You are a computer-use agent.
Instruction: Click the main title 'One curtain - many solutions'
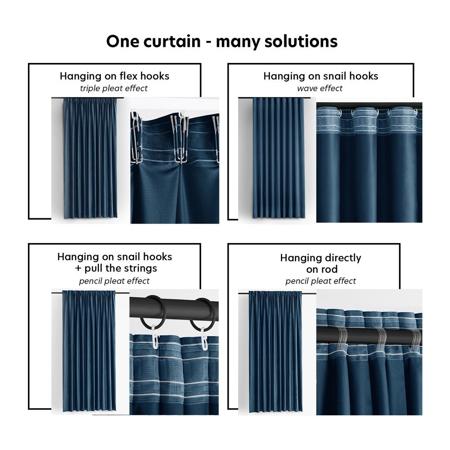(x=222, y=41)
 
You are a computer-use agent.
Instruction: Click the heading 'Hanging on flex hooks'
(x=114, y=76)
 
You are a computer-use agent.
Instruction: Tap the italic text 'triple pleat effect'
(x=114, y=88)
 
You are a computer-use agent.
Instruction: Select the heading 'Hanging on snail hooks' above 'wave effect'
(x=321, y=76)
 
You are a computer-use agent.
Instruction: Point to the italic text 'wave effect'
(x=319, y=88)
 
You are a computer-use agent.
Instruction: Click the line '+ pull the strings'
(x=116, y=268)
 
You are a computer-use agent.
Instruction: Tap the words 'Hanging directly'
(x=320, y=258)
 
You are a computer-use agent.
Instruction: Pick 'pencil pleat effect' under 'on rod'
(x=320, y=281)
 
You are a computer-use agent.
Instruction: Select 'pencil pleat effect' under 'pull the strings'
(x=114, y=281)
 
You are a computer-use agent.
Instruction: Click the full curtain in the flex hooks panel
(x=90, y=158)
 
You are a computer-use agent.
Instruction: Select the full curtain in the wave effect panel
(x=279, y=158)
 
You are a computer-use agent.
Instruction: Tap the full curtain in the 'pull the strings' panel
(x=89, y=351)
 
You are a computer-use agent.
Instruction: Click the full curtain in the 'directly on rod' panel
(x=275, y=351)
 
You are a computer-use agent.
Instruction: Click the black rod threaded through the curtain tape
(x=369, y=336)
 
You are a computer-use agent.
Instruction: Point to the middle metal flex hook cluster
(x=180, y=137)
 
